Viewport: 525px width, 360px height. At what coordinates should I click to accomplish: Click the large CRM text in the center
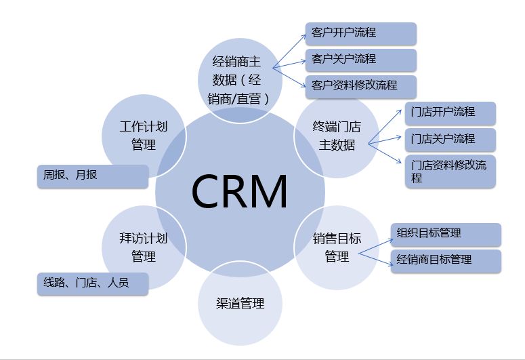click(x=239, y=192)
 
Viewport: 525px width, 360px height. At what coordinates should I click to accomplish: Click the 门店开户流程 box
click(x=450, y=113)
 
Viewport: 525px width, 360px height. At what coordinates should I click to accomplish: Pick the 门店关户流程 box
click(x=450, y=139)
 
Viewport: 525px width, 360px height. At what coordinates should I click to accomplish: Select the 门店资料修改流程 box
click(x=450, y=171)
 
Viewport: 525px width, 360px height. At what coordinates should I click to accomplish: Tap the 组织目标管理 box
click(x=446, y=234)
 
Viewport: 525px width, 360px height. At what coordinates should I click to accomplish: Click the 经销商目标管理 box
click(x=446, y=260)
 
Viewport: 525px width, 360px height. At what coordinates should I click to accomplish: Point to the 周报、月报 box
click(x=91, y=176)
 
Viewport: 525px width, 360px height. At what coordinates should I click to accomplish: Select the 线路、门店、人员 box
click(x=91, y=283)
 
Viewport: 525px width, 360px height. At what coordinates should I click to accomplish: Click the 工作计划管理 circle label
click(x=143, y=136)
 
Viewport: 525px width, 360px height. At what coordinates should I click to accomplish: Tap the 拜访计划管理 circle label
click(x=143, y=247)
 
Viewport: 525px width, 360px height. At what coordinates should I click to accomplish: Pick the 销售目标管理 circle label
click(x=337, y=247)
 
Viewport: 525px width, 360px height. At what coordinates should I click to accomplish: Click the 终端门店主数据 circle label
click(x=337, y=136)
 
